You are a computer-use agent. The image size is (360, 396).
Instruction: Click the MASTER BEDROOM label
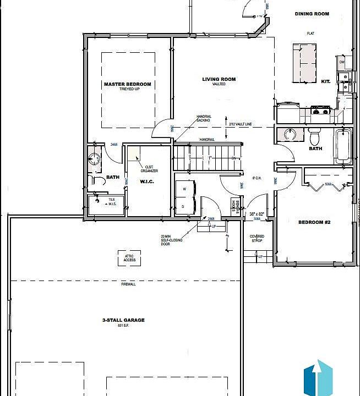pos(127,84)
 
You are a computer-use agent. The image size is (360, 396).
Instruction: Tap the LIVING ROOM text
pos(219,79)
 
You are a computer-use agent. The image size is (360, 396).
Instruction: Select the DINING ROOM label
pos(312,14)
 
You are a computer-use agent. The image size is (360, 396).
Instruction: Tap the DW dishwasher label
pos(341,62)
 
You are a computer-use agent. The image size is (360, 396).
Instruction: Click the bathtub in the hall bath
pos(342,146)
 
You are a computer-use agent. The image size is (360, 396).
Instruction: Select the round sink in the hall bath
pos(290,135)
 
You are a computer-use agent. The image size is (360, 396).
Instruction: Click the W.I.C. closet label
pos(146,182)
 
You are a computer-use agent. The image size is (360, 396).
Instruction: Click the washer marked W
pos(184,188)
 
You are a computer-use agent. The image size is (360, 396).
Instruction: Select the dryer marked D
pos(184,207)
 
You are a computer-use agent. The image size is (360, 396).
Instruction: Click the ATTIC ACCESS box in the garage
pos(129,257)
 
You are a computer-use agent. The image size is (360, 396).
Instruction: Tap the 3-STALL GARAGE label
pos(123,320)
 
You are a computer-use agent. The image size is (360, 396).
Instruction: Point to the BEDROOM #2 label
pos(314,222)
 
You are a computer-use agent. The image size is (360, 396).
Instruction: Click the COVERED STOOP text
pos(257,238)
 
